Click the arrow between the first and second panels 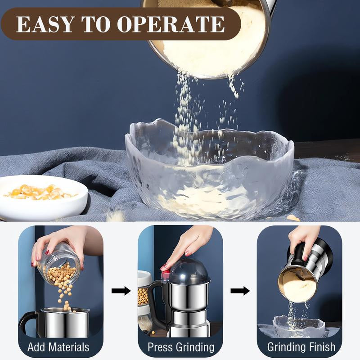(x=121, y=291)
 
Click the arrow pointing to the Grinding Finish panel (x=240, y=291)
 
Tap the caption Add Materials (x=58, y=347)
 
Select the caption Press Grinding (x=181, y=347)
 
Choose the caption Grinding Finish (x=301, y=347)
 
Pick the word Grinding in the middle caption (x=194, y=347)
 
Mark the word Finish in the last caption (x=320, y=347)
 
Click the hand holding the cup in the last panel (x=306, y=241)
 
